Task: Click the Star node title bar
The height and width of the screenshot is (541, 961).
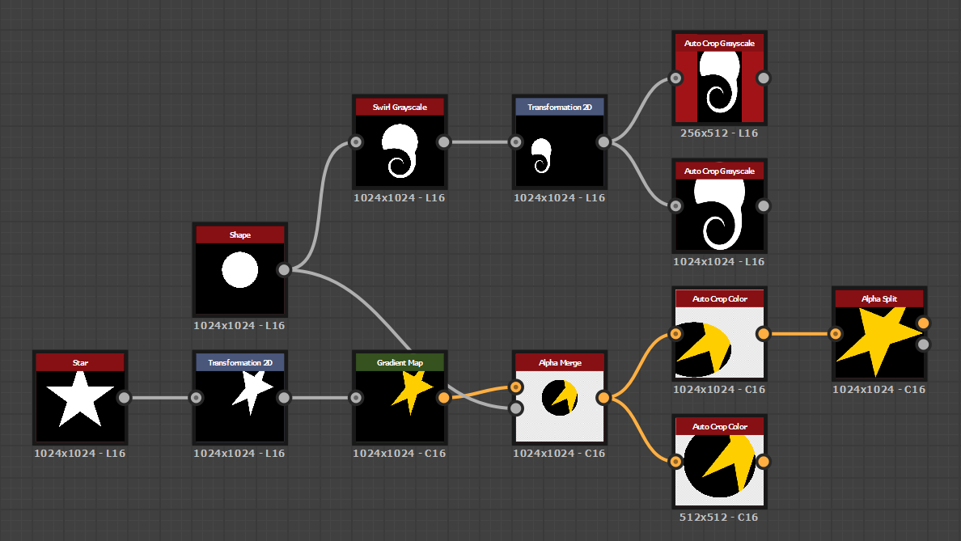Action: click(x=80, y=363)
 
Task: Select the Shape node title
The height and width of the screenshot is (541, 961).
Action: click(x=240, y=235)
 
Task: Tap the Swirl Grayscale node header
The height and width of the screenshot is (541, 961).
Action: click(x=400, y=108)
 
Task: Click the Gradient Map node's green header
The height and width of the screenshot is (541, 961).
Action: click(x=400, y=363)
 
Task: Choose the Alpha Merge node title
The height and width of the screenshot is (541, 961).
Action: click(x=560, y=363)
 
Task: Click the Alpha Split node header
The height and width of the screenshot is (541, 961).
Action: click(x=878, y=299)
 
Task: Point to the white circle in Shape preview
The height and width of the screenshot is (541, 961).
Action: click(x=240, y=270)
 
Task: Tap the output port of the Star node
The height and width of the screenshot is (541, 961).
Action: click(x=124, y=397)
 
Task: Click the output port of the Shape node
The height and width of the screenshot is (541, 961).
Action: click(x=284, y=270)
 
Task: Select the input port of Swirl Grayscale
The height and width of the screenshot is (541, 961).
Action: click(x=355, y=142)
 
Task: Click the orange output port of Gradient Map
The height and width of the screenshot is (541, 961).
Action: click(x=443, y=397)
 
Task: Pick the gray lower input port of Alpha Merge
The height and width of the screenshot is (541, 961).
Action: click(x=515, y=408)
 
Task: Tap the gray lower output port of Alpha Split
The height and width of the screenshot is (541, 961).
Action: click(x=923, y=344)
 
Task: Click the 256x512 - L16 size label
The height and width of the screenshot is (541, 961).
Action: click(x=720, y=133)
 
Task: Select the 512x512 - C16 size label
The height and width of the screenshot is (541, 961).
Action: click(x=720, y=517)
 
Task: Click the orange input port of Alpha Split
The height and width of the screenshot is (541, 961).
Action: click(x=836, y=333)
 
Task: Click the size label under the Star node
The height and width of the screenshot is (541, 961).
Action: click(x=80, y=453)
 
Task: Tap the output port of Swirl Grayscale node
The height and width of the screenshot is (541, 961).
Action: click(x=443, y=142)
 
